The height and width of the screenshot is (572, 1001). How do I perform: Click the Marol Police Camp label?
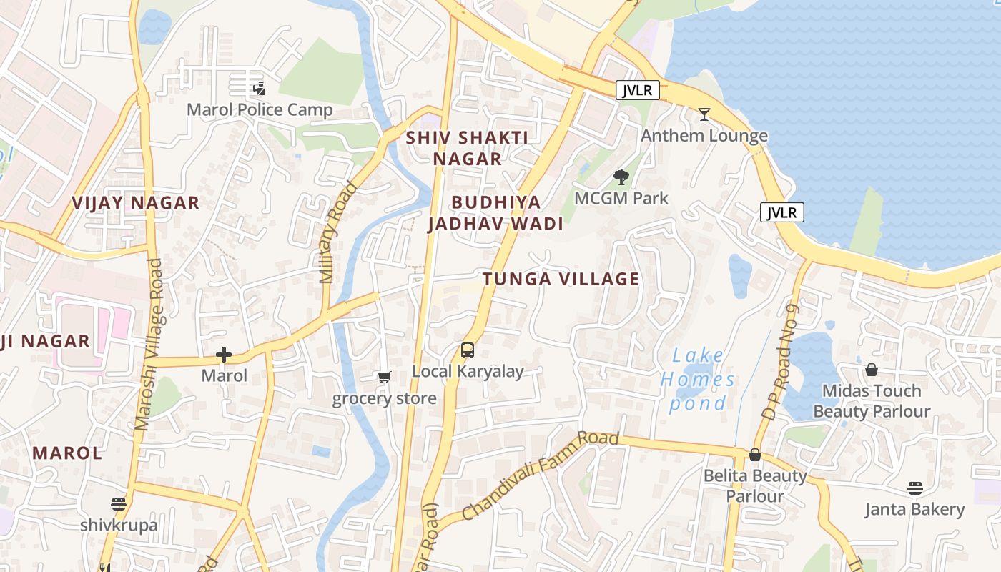pos(260,110)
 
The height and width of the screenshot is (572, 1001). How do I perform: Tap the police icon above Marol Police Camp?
pos(259,89)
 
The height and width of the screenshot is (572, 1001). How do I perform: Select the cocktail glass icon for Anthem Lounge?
pos(704,114)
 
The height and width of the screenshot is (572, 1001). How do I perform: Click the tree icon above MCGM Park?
pos(621,177)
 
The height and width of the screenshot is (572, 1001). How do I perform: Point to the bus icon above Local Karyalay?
pos(468,350)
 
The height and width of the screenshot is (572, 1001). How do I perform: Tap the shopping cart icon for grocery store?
pos(385,377)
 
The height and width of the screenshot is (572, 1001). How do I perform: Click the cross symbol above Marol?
pos(224,354)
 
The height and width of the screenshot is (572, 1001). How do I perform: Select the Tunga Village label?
pos(561,279)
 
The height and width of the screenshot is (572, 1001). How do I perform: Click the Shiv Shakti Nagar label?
pos(467,148)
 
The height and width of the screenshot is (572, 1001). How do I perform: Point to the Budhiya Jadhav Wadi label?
pos(495,213)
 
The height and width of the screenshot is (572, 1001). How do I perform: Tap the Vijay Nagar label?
pos(135,203)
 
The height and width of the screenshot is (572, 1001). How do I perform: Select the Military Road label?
pos(338,233)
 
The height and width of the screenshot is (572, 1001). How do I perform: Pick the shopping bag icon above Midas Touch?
pos(872,370)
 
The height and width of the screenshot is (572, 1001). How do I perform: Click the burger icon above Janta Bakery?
pos(915,488)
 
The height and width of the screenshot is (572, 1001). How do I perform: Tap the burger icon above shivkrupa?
pos(119,504)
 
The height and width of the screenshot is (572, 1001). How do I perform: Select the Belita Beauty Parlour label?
pos(755,485)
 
